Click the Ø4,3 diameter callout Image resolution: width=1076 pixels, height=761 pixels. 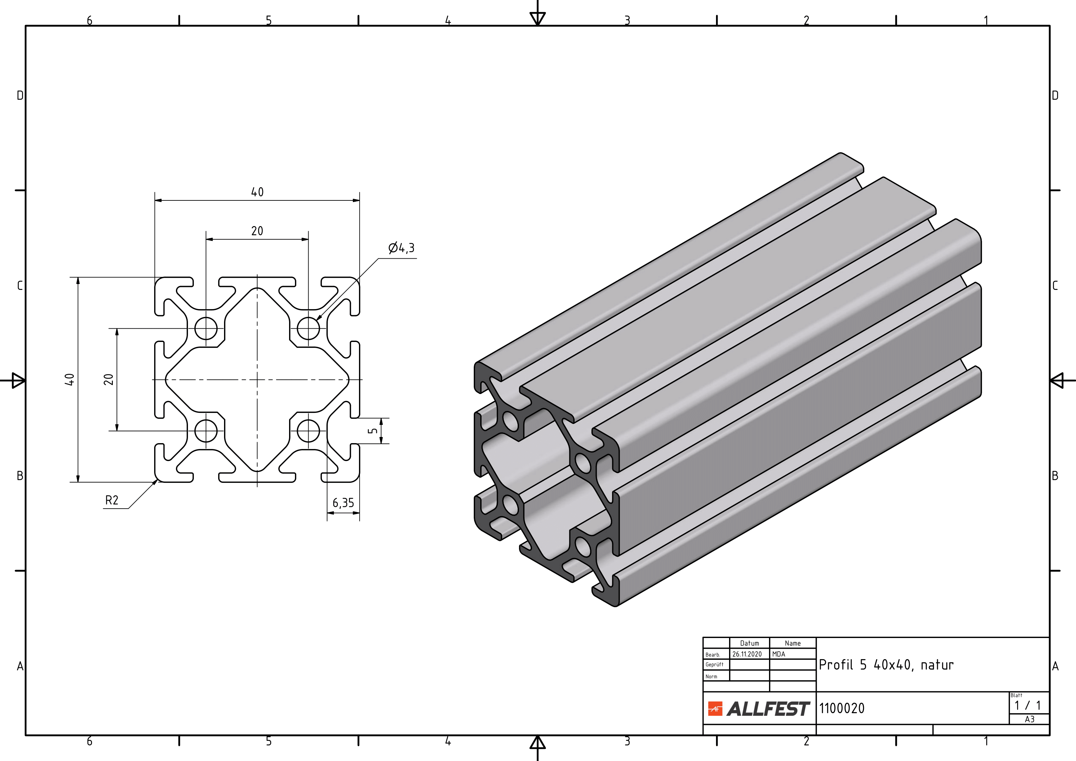coord(402,248)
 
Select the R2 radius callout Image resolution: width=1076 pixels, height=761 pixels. coord(112,500)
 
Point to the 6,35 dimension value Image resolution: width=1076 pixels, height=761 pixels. coord(343,503)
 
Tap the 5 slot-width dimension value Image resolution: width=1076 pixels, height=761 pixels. coord(372,431)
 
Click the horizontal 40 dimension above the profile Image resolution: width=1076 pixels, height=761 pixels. coord(257,192)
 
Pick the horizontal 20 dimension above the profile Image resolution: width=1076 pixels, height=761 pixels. coord(257,231)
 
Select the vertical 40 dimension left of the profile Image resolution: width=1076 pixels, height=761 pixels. coord(69,379)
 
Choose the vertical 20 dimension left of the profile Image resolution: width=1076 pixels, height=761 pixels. coord(108,379)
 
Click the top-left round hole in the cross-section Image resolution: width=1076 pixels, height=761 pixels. coord(206,328)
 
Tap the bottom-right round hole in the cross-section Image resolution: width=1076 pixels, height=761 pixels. coord(308,431)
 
